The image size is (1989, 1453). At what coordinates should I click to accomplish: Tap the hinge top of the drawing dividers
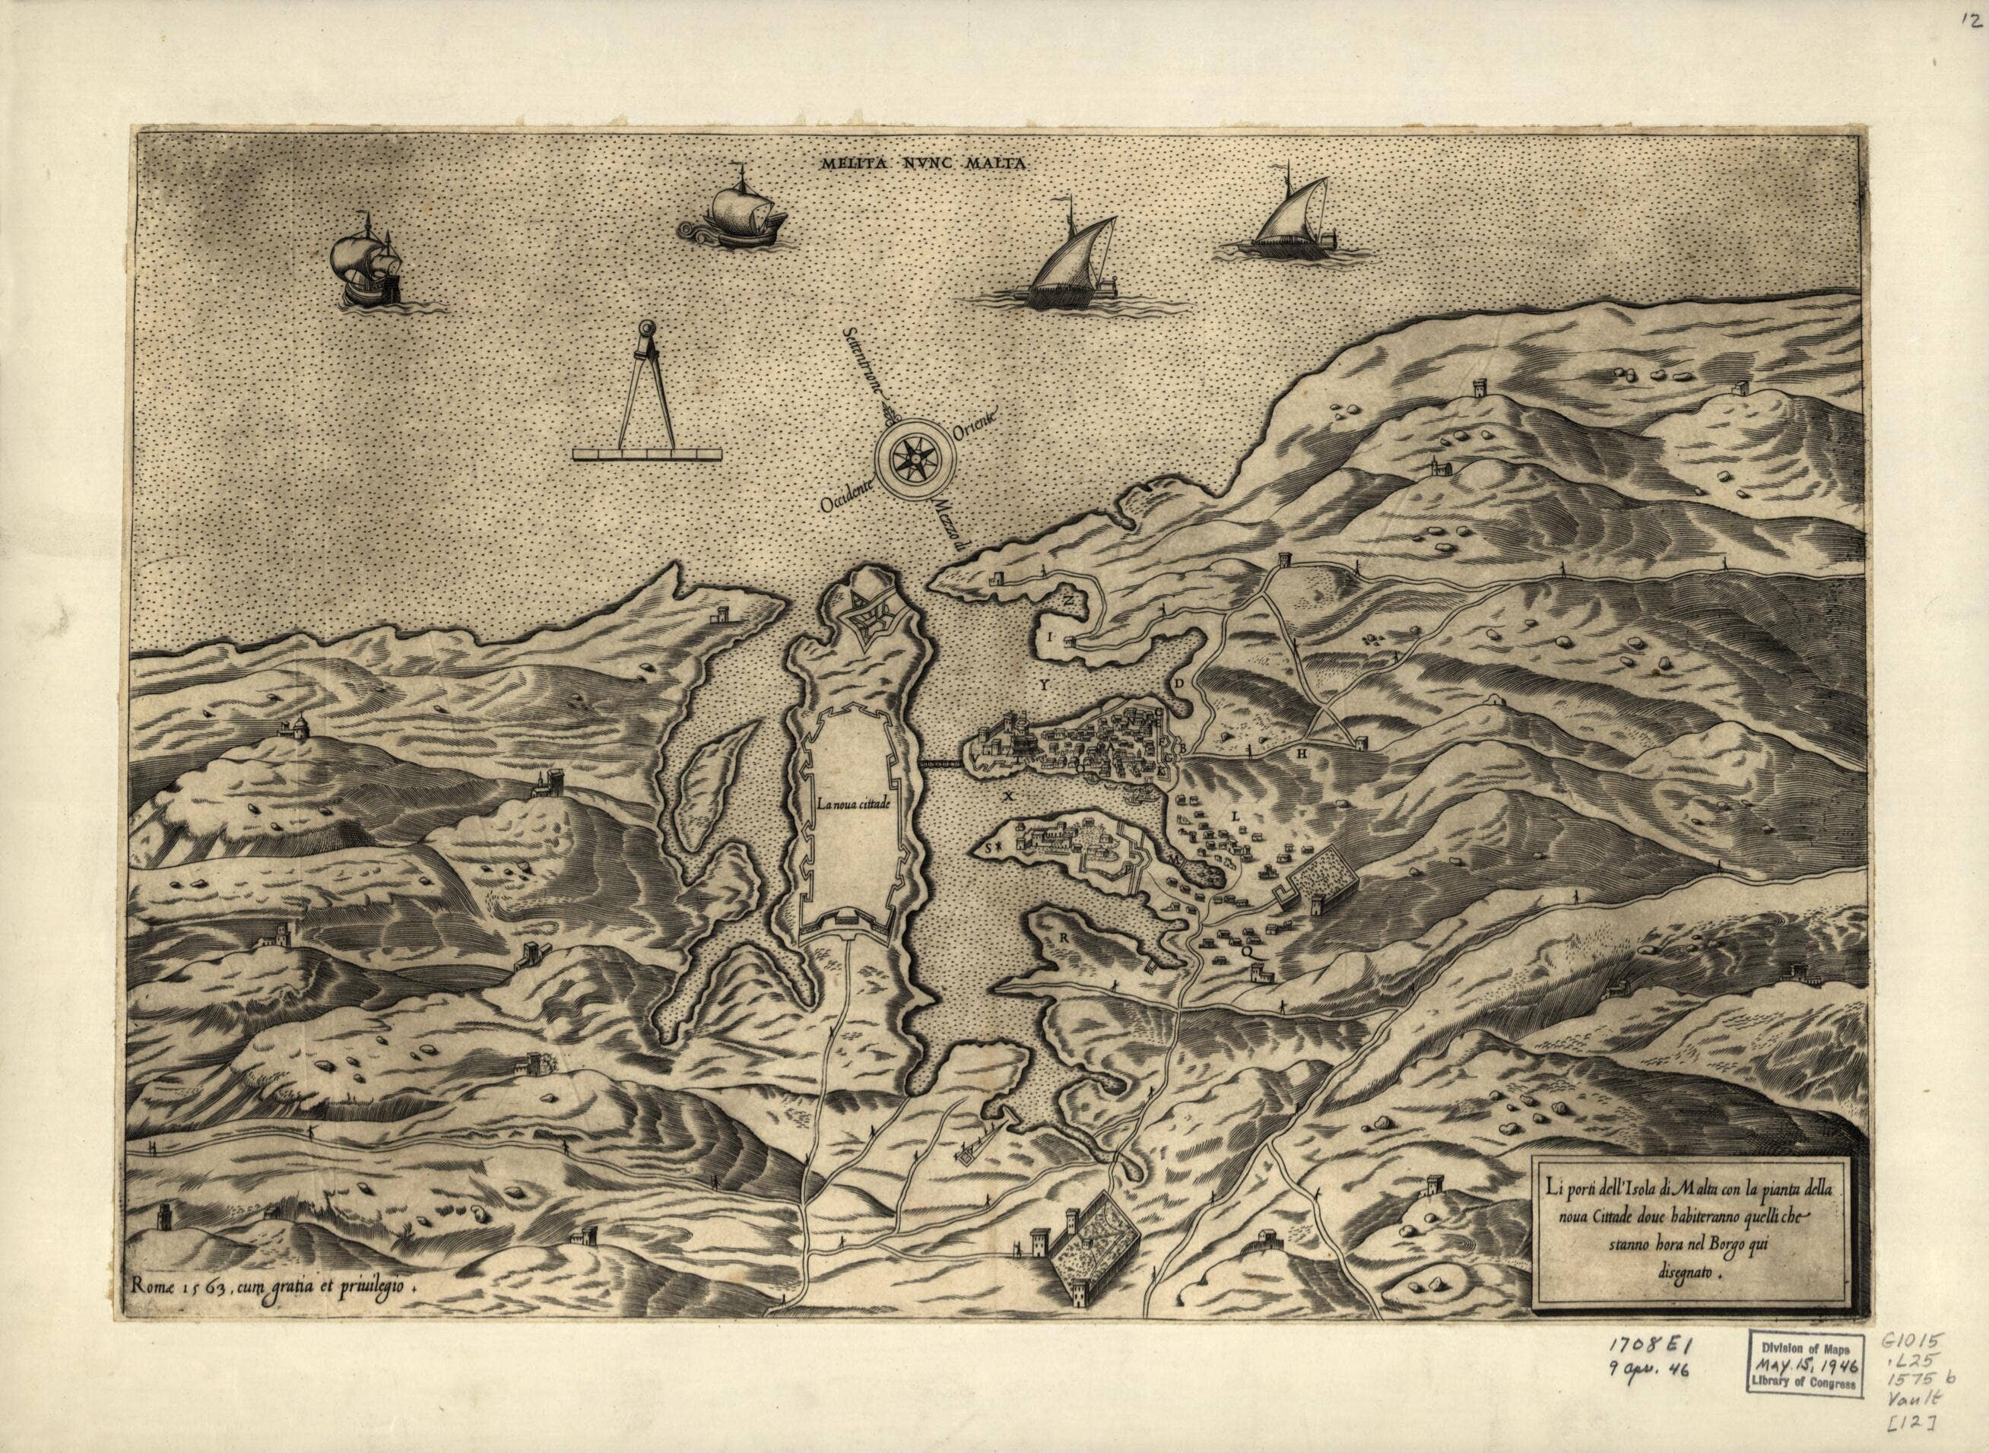pos(646,328)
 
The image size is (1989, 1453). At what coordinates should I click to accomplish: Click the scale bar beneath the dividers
pos(646,454)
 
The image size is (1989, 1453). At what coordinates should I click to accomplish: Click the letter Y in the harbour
pos(1045,683)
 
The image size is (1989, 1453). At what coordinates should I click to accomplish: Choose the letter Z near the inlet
pos(1067,600)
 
